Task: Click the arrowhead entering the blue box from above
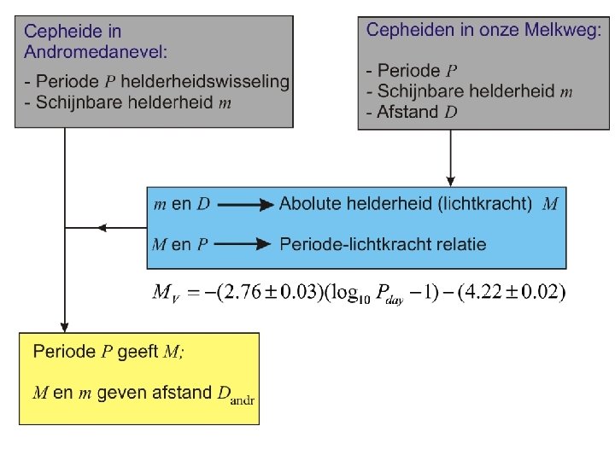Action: click(450, 180)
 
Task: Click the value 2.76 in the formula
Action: click(243, 293)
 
